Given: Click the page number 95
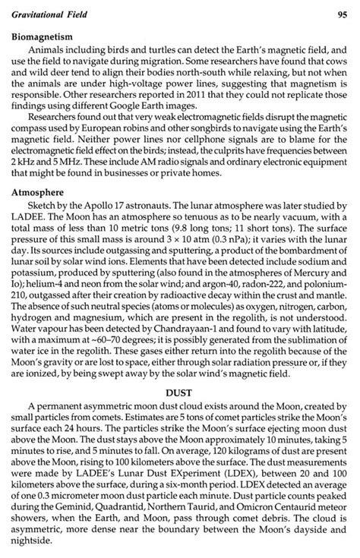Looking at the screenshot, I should (x=343, y=15).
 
